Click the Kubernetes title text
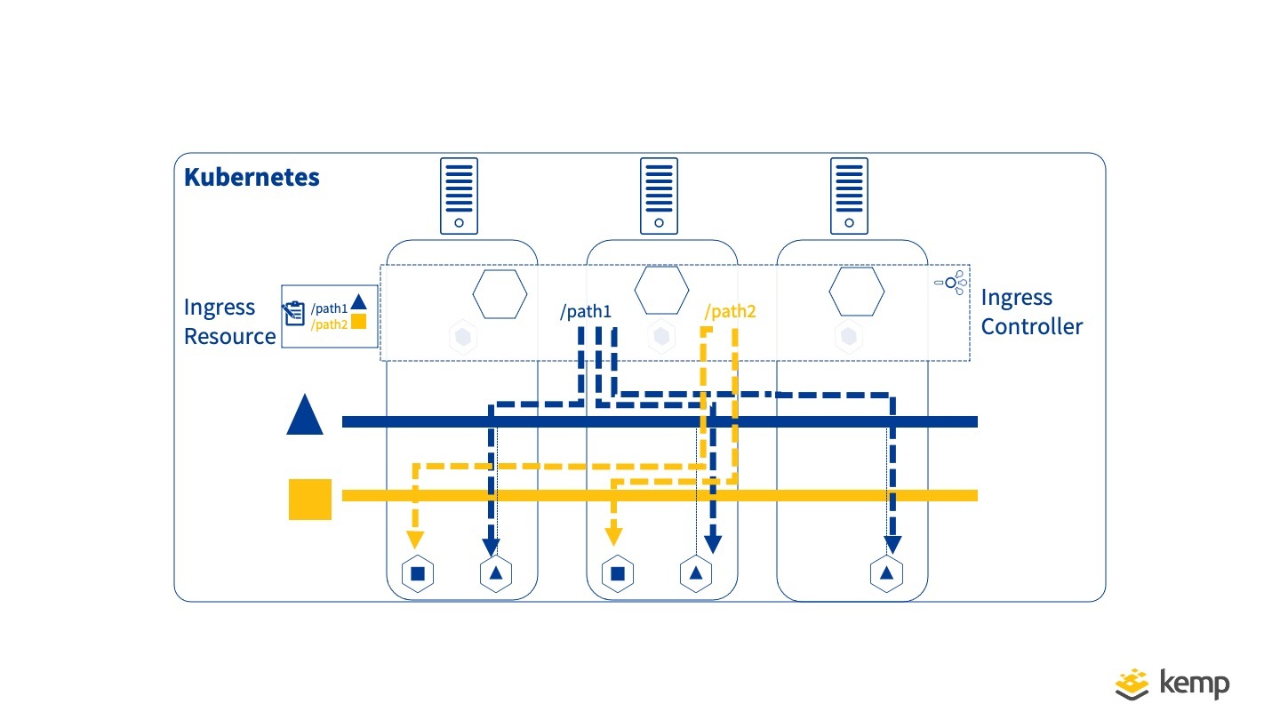(x=252, y=177)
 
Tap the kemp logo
(x=1173, y=683)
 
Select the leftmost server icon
(x=459, y=196)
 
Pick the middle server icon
(x=659, y=196)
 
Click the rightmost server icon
(x=849, y=196)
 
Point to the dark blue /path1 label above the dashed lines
(x=585, y=312)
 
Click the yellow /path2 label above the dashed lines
(x=730, y=312)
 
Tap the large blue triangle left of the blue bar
(x=305, y=415)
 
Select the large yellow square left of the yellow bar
(x=310, y=499)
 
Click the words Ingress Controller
(x=1032, y=312)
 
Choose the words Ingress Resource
(x=229, y=322)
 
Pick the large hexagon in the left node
(x=500, y=292)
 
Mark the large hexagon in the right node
(x=857, y=292)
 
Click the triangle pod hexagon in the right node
(x=886, y=573)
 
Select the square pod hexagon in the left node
(x=417, y=573)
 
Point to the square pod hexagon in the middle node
(x=617, y=573)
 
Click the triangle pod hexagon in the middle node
(x=695, y=573)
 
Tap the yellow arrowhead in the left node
(x=414, y=539)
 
